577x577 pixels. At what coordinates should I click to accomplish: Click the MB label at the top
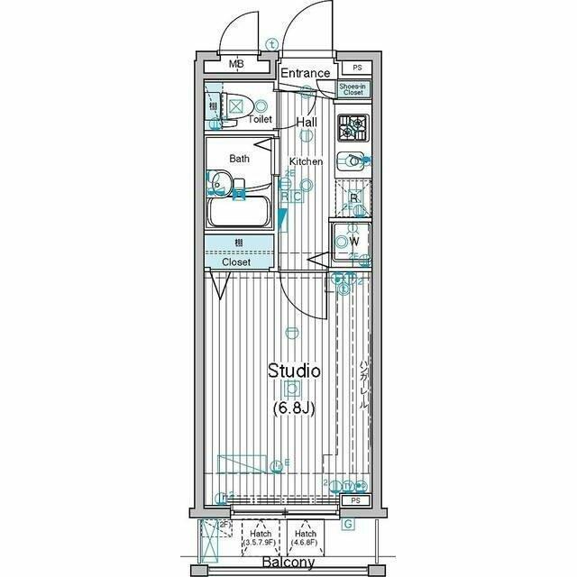coord(236,64)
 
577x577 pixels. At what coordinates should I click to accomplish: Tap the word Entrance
coord(305,73)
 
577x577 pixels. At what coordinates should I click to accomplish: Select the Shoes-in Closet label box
coord(352,88)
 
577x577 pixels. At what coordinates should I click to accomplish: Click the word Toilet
coord(261,118)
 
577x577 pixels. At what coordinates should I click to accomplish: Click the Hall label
coord(307,122)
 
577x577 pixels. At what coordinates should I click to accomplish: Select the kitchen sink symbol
coord(352,161)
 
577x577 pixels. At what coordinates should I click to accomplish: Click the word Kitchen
coord(306,161)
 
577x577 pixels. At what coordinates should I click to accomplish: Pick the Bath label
coord(239,159)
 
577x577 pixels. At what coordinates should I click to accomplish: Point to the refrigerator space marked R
coord(353,198)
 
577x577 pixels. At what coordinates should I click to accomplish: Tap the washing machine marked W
coord(351,242)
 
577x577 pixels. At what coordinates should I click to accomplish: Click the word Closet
coord(237,262)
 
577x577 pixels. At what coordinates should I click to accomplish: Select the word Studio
coord(293,370)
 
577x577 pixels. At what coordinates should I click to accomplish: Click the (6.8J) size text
coord(293,408)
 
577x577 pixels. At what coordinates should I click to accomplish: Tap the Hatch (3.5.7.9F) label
coord(261,538)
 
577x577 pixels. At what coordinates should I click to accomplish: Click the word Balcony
coord(288,563)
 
